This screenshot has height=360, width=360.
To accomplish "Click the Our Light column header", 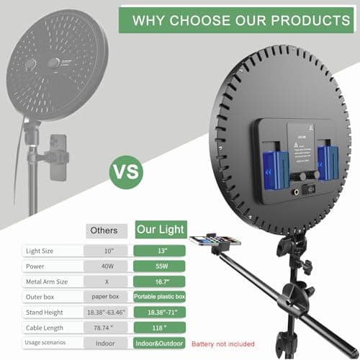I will tap(161, 230).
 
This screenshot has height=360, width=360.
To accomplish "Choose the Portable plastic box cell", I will tap(159, 297).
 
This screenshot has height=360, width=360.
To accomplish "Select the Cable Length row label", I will tap(45, 328).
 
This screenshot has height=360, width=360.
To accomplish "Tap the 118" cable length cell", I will tap(159, 328).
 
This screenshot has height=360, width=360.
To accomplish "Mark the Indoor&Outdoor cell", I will tap(159, 344).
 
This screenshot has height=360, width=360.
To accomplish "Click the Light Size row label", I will tap(40, 251).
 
